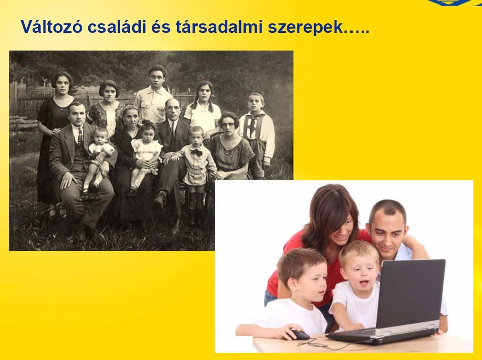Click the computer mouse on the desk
300,334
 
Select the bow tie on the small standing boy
196,152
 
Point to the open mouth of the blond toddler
365,282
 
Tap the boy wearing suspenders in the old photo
257,135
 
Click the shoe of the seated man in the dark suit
160,200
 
